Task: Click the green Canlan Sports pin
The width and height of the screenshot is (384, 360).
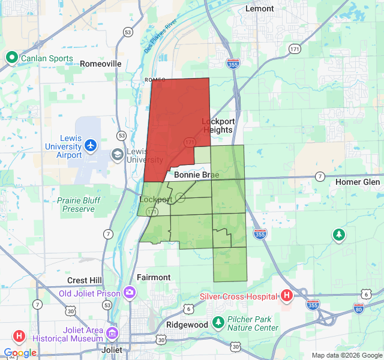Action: (12, 58)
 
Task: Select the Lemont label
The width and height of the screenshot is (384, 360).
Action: (260, 9)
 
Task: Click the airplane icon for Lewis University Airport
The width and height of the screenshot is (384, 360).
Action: (91, 145)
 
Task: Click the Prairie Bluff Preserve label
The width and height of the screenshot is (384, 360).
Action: (76, 205)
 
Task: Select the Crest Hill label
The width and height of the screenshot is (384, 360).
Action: (85, 280)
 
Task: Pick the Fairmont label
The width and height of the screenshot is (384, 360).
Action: (154, 277)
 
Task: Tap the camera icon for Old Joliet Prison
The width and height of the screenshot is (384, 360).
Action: (130, 293)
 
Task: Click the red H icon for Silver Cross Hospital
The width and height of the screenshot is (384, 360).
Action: (287, 295)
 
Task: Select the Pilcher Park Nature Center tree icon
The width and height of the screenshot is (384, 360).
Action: (218, 322)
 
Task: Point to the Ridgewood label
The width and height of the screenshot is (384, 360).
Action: (187, 325)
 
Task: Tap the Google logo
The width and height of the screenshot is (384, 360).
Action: (20, 353)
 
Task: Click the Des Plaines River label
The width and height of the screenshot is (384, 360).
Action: (161, 36)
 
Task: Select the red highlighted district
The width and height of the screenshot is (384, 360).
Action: (177, 120)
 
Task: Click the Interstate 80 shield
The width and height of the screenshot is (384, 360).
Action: (359, 308)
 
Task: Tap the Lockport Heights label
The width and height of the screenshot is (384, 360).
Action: (218, 125)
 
